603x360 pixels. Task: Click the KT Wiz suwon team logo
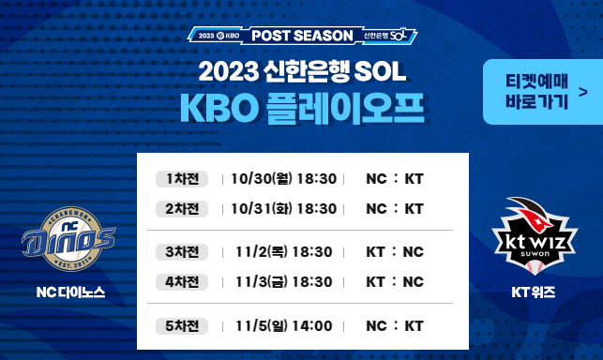pos(535,235)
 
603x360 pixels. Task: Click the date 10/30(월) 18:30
pos(282,179)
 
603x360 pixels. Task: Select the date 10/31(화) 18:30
pos(282,208)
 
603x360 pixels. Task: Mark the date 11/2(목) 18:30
pos(284,252)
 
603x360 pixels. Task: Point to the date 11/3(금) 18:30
pos(284,281)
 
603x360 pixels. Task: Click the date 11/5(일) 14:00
pos(284,325)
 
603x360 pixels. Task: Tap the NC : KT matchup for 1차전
pos(395,179)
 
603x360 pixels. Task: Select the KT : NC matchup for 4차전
pos(395,281)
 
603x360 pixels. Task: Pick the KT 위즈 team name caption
pos(534,292)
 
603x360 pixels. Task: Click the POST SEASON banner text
pos(303,36)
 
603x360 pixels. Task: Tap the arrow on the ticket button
pos(583,92)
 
